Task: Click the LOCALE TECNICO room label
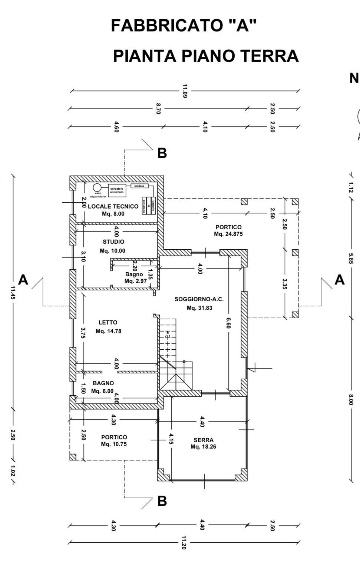coord(113,206)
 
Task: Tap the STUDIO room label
coord(114,242)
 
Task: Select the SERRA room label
coord(204,440)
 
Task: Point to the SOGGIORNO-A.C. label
coord(199,299)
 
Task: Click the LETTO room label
coord(108,323)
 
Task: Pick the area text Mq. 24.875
coord(228,234)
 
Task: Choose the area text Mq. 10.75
coord(114,444)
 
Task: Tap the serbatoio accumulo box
coord(117,190)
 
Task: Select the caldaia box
coord(139,186)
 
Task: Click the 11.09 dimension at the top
coord(185,91)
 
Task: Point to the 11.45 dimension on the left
coord(13,293)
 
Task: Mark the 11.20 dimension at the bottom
coord(184,543)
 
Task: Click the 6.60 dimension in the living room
coord(228,325)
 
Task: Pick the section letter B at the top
coord(162,153)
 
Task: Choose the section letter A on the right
coord(340,280)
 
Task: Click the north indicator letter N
coord(354,79)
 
